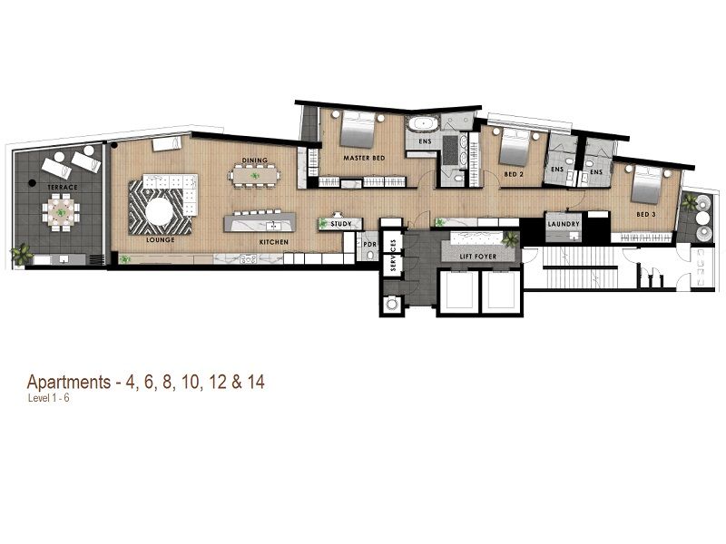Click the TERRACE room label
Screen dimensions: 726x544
(63, 188)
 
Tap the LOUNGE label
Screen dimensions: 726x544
(161, 239)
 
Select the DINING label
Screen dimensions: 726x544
(255, 160)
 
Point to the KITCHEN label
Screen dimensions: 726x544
(274, 242)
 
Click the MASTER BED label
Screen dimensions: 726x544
(364, 158)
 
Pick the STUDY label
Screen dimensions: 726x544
(341, 224)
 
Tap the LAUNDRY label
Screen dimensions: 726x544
(564, 224)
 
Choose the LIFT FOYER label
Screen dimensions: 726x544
(478, 257)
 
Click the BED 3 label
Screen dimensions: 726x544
(646, 215)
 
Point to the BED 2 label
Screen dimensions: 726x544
(514, 174)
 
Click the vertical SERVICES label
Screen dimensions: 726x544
(393, 255)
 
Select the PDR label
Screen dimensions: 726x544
(370, 244)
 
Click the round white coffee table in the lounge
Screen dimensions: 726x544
(160, 211)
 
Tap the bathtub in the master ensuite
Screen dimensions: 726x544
(422, 124)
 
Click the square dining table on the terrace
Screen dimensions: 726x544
(61, 212)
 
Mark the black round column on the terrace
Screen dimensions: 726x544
(32, 183)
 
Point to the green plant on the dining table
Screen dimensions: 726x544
(254, 176)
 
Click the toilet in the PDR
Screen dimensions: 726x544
(370, 255)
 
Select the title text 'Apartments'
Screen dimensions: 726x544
(69, 383)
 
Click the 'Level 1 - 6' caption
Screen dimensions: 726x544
(49, 398)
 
